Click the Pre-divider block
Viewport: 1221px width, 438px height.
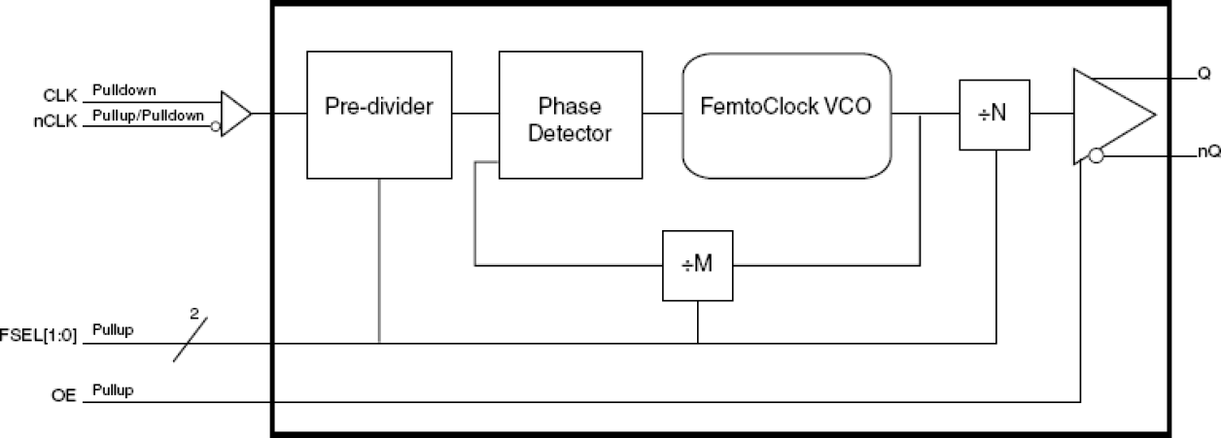coord(379,115)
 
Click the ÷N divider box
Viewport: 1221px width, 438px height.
coord(994,115)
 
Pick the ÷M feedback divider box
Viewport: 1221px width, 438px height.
coord(697,264)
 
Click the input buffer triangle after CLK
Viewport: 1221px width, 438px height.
coord(234,114)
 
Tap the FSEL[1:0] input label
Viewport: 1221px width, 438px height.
coord(41,333)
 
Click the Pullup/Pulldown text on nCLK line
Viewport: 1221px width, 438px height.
coord(148,116)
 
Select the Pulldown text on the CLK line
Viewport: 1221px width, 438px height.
coord(123,90)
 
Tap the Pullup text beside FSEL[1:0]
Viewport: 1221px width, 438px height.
coord(113,331)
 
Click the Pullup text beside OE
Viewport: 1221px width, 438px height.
coord(113,390)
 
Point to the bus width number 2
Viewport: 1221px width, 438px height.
coord(193,314)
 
